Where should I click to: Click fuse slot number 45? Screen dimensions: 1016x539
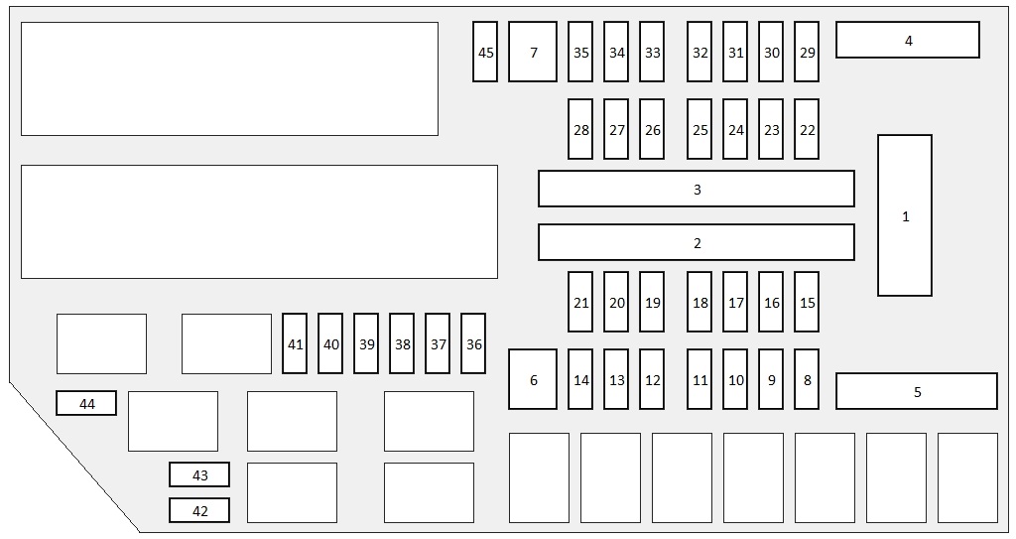click(x=485, y=52)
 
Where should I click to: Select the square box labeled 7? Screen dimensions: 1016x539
click(x=533, y=52)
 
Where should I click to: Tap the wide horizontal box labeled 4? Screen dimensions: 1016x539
click(x=907, y=41)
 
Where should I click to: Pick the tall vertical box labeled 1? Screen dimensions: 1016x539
click(x=905, y=215)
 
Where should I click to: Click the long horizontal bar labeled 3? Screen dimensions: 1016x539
click(x=696, y=189)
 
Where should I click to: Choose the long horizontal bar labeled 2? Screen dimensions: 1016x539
click(x=696, y=242)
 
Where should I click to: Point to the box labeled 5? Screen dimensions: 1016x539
click(x=916, y=391)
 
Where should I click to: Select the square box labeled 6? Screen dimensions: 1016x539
click(x=533, y=379)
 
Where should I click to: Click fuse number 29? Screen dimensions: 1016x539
click(x=807, y=52)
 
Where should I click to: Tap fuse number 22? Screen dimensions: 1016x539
click(x=807, y=129)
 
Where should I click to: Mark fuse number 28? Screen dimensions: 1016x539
click(x=580, y=129)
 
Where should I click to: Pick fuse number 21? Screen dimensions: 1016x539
click(x=580, y=302)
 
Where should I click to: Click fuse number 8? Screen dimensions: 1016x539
click(x=807, y=379)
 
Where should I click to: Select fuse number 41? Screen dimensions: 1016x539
click(x=295, y=343)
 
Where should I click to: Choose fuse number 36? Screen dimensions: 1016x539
click(x=473, y=343)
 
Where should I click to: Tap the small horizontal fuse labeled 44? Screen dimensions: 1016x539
click(x=86, y=403)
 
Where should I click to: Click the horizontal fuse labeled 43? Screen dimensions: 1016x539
click(x=199, y=474)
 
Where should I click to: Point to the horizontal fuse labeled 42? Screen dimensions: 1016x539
click(x=199, y=510)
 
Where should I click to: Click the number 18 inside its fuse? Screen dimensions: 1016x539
click(x=700, y=303)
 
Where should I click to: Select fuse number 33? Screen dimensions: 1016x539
click(x=652, y=52)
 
